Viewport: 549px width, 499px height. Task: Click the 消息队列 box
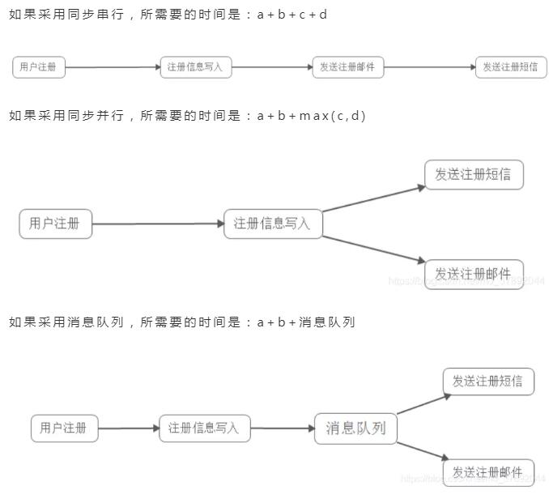355,428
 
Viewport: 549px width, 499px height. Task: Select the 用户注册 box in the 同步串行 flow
38,68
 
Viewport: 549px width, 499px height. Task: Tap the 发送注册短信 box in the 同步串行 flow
509,68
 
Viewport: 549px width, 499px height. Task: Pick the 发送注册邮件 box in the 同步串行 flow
347,68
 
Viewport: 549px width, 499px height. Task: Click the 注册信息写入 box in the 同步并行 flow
273,224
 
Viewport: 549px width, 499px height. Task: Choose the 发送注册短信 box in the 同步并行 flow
474,175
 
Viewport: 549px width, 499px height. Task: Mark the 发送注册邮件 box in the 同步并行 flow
474,274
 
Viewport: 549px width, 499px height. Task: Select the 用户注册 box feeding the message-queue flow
64,428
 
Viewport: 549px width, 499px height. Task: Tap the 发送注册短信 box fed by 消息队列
488,381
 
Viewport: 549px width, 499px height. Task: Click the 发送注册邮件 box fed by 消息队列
488,472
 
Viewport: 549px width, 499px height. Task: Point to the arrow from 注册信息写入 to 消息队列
282,428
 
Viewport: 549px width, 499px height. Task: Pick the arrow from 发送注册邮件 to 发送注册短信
429,68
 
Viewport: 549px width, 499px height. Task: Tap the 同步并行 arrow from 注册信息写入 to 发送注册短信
372,198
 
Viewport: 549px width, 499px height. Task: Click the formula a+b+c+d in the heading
292,15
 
